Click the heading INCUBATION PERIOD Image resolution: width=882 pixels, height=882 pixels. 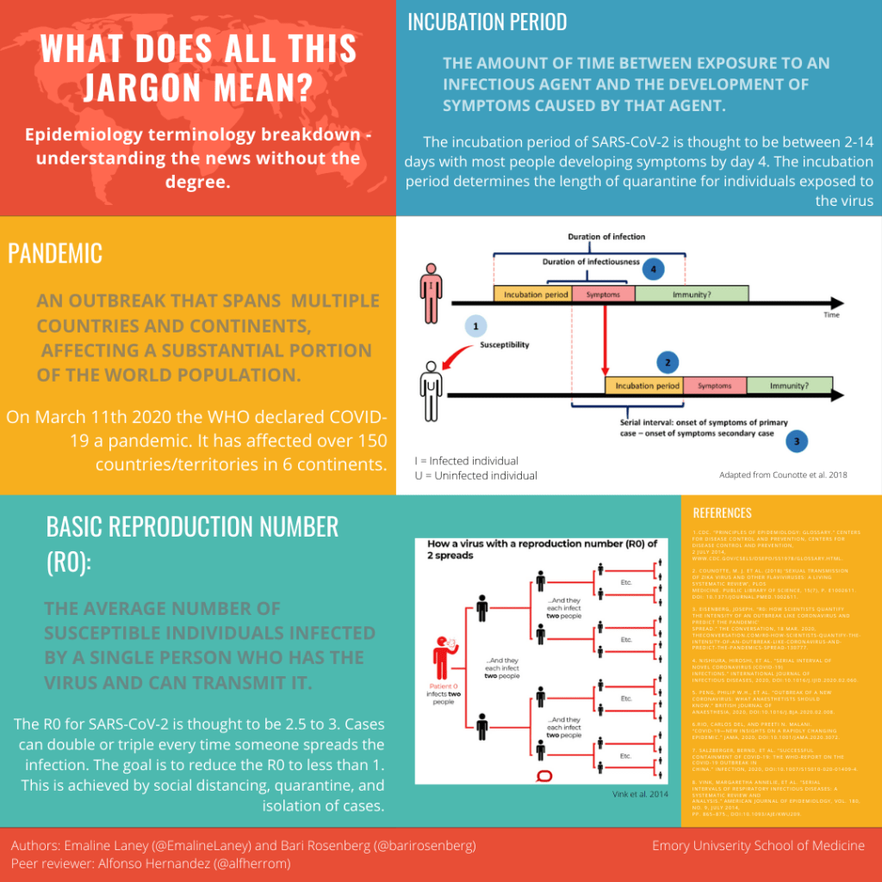[x=487, y=22]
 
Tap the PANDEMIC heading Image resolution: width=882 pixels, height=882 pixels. [x=55, y=253]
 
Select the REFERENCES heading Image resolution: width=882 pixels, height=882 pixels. [x=722, y=513]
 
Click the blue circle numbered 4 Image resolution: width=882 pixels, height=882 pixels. [x=653, y=270]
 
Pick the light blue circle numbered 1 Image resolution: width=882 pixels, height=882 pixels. [x=475, y=326]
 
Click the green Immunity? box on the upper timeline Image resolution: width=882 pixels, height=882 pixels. [x=692, y=294]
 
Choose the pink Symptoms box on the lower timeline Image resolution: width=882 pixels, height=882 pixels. [x=715, y=386]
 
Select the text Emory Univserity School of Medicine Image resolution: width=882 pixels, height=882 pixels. [x=758, y=846]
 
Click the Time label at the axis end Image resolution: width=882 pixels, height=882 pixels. [x=830, y=315]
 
